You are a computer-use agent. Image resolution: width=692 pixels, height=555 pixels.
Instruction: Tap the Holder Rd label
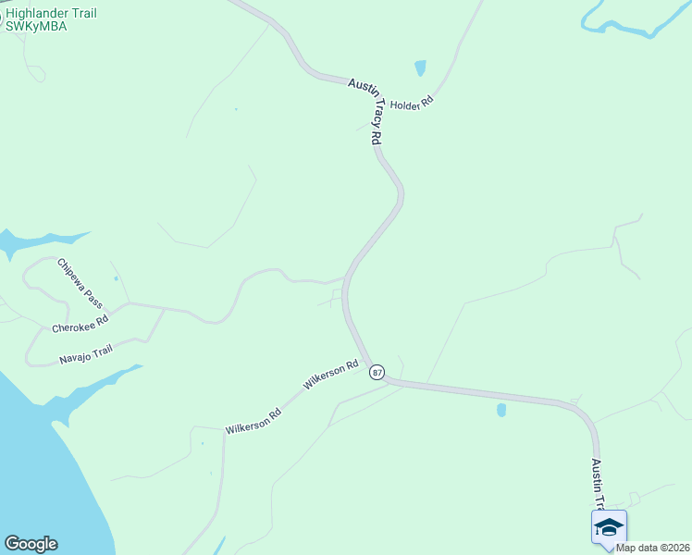(411, 105)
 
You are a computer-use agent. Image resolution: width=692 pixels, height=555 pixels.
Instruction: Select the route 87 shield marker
(377, 372)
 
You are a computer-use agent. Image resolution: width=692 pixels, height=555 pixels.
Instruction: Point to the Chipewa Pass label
(80, 283)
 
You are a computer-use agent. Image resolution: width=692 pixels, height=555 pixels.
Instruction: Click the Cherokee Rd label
(80, 324)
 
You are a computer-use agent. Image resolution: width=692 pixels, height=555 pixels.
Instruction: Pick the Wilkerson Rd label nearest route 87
(330, 375)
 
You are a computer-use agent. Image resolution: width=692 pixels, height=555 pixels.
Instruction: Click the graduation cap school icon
(608, 527)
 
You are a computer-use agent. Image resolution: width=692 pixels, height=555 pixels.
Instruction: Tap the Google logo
(31, 544)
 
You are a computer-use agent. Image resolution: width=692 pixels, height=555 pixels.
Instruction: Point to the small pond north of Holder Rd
(421, 68)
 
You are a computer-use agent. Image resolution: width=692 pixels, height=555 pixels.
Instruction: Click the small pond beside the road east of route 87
(501, 409)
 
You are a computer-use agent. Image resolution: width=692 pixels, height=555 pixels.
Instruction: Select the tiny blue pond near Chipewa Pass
(116, 277)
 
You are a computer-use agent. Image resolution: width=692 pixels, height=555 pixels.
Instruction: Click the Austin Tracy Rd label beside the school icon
(599, 483)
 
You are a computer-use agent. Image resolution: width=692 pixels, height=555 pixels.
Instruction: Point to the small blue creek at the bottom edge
(220, 546)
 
